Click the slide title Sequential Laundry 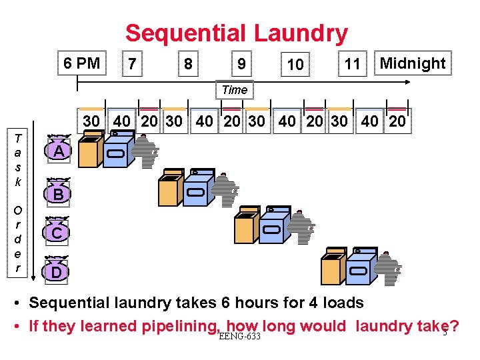[237, 33]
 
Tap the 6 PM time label [82, 63]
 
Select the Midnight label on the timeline [412, 63]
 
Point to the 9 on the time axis [241, 64]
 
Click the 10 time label [295, 65]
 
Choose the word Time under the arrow [234, 90]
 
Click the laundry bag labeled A [59, 152]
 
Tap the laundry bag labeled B [59, 194]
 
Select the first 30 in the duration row [91, 122]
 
